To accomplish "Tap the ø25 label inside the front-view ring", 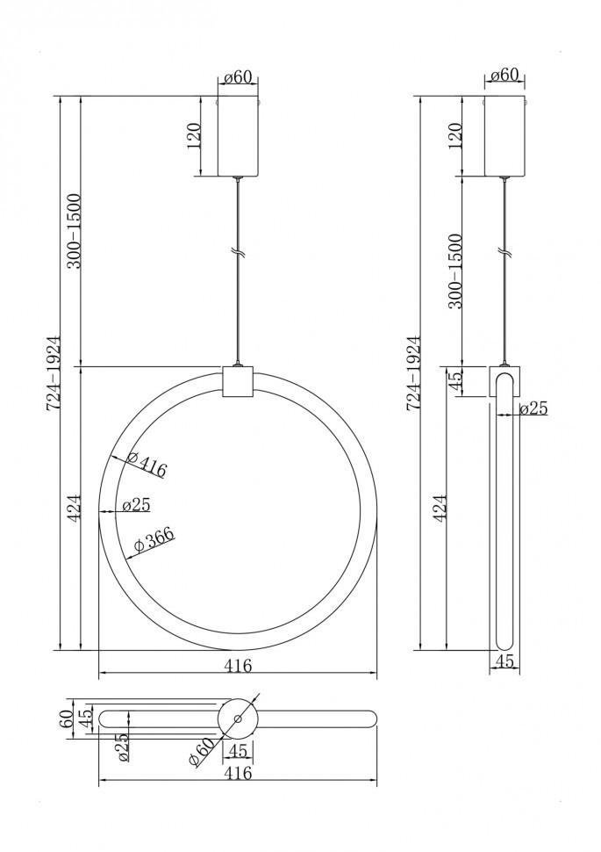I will pyautogui.click(x=136, y=505).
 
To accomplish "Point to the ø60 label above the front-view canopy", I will pyautogui.click(x=238, y=77).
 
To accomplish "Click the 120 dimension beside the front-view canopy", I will pyautogui.click(x=195, y=135).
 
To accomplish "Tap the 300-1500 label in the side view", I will pyautogui.click(x=454, y=271).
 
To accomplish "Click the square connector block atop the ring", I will pyautogui.click(x=237, y=381).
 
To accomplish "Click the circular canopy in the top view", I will pyautogui.click(x=237, y=718).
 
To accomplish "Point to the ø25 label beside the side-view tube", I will pyautogui.click(x=533, y=408).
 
